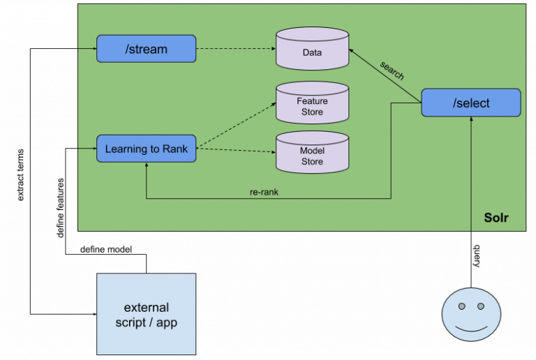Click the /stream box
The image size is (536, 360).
pos(146,49)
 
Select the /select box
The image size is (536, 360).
pos(471,103)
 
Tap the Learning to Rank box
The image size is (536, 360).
pos(146,149)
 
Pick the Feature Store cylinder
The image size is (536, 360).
pos(312,105)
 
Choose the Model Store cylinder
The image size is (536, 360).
pos(312,155)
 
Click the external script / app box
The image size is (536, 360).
pos(146,314)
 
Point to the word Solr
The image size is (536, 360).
pos(496,218)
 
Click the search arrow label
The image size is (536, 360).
pos(392,70)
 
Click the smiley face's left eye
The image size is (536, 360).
pos(461,306)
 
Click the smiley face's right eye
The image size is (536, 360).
pos(481,306)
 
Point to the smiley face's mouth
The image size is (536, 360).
pos(471,327)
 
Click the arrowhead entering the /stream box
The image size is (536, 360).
pos(93,49)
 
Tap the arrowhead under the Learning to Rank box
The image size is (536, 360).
pos(147,167)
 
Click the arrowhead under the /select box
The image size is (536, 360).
pos(471,121)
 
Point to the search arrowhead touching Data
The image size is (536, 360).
pos(352,51)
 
